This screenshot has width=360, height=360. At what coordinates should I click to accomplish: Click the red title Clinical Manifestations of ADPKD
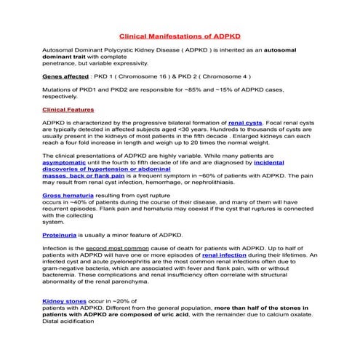tap(180, 34)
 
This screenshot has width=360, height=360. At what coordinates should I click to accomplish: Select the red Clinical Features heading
tap(68, 109)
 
